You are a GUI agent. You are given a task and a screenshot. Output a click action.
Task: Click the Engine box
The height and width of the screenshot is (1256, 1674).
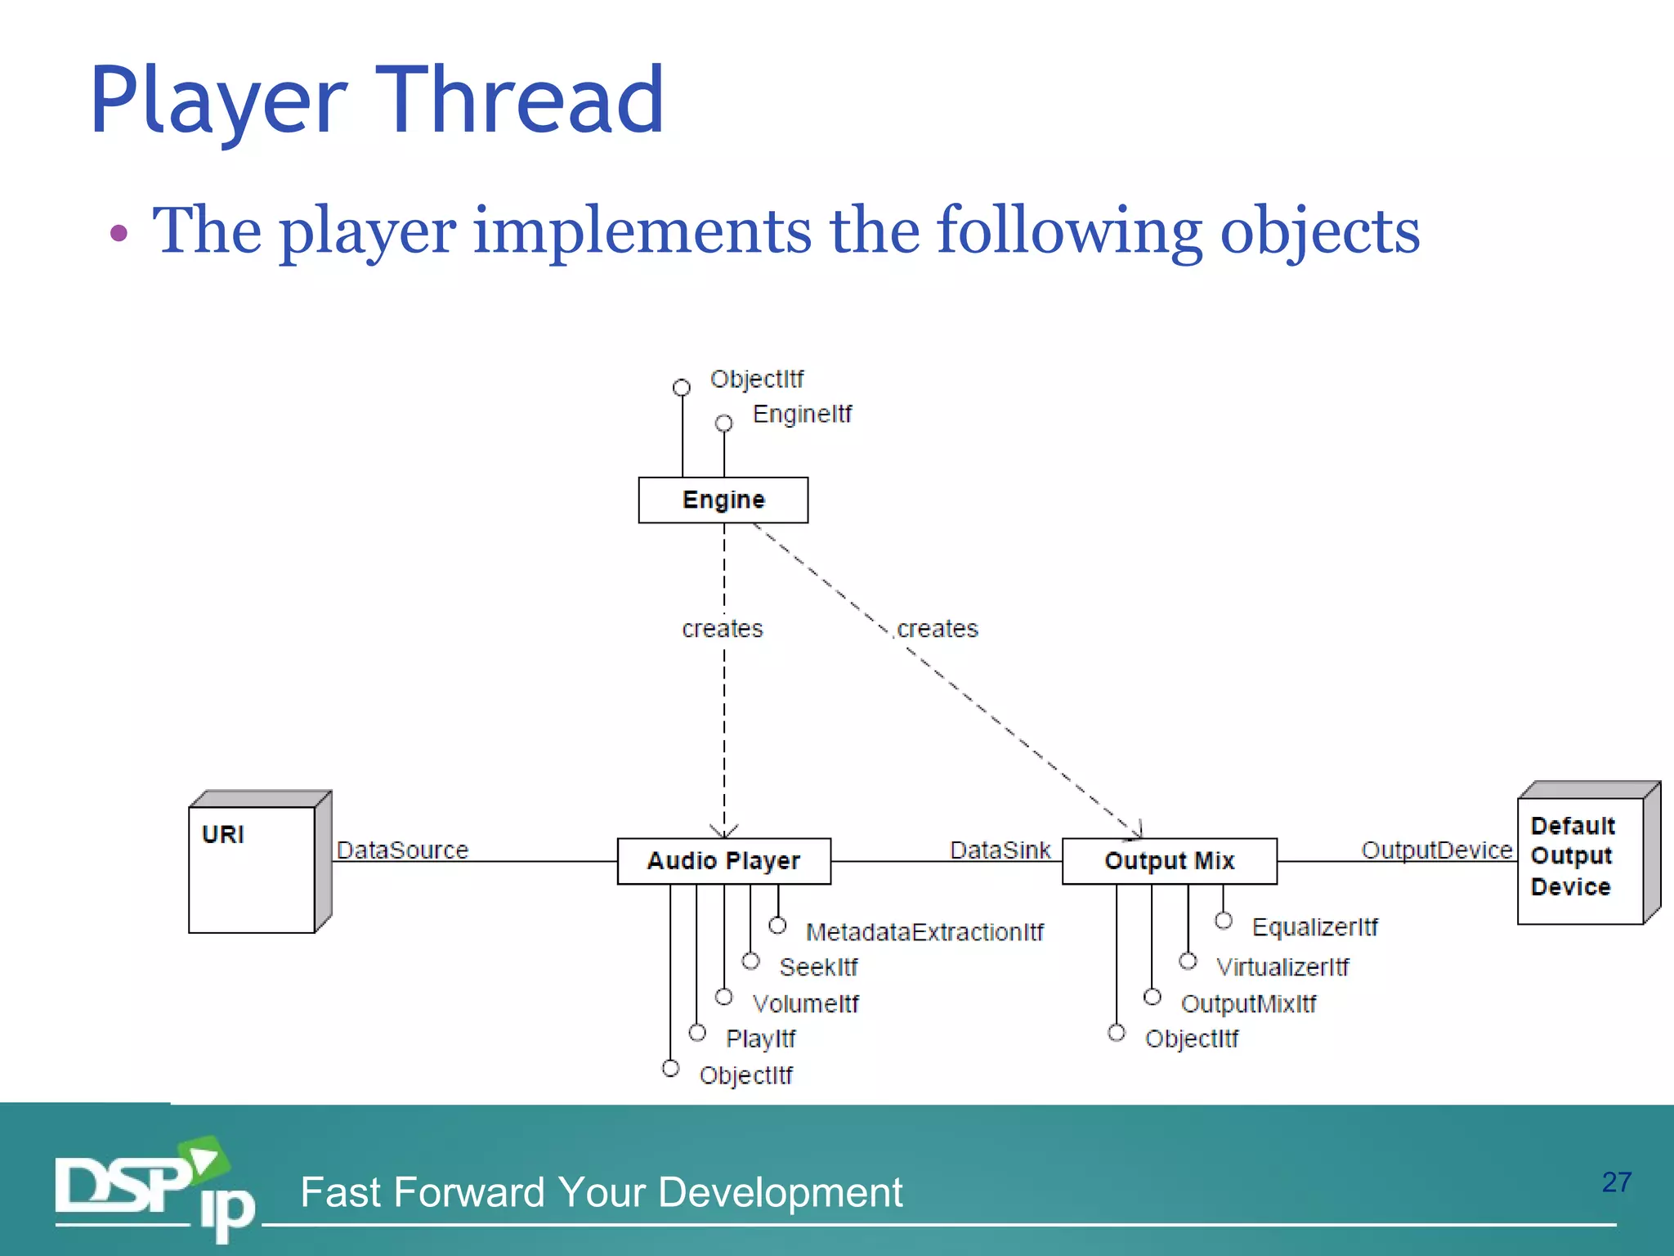[723, 500]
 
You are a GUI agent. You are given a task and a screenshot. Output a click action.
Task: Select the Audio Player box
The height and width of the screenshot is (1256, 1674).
[723, 860]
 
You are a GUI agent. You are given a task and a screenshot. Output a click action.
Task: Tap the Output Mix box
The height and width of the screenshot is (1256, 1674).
[1169, 860]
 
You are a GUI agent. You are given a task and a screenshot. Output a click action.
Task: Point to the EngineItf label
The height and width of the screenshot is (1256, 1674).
[802, 414]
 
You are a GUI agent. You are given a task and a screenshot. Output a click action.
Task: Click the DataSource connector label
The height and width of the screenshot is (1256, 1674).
[402, 850]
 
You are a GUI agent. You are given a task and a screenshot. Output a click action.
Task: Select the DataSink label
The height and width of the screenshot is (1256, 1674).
[1000, 850]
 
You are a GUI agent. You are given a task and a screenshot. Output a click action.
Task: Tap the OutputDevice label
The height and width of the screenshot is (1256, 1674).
[1436, 850]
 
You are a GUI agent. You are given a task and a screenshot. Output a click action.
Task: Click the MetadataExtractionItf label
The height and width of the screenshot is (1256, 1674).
[924, 931]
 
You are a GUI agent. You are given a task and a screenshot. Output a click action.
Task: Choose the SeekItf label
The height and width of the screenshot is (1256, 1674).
[818, 967]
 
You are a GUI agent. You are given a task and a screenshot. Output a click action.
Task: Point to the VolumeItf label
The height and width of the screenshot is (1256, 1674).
[805, 1003]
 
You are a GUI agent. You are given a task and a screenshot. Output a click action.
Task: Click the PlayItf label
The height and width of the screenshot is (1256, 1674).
[760, 1038]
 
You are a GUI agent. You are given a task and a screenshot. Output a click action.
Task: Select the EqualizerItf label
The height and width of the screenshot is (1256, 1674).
[1314, 926]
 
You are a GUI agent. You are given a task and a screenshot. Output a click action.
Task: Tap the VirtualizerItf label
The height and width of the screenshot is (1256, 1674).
[1282, 967]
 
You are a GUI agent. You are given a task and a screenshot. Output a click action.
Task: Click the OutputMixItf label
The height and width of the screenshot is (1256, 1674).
[1248, 1003]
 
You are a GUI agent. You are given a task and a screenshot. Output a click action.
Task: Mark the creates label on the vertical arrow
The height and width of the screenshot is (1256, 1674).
[723, 628]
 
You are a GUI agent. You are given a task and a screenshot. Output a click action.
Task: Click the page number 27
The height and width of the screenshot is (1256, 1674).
[1616, 1182]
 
